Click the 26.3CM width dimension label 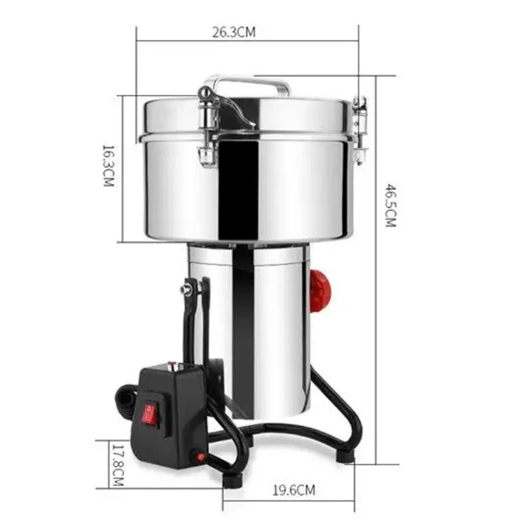[x=234, y=32]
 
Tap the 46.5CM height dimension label [x=391, y=205]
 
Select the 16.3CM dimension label [x=108, y=166]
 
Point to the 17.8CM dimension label [x=118, y=465]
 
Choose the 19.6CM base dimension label [x=294, y=490]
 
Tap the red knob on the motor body [x=320, y=291]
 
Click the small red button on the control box [x=200, y=457]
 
